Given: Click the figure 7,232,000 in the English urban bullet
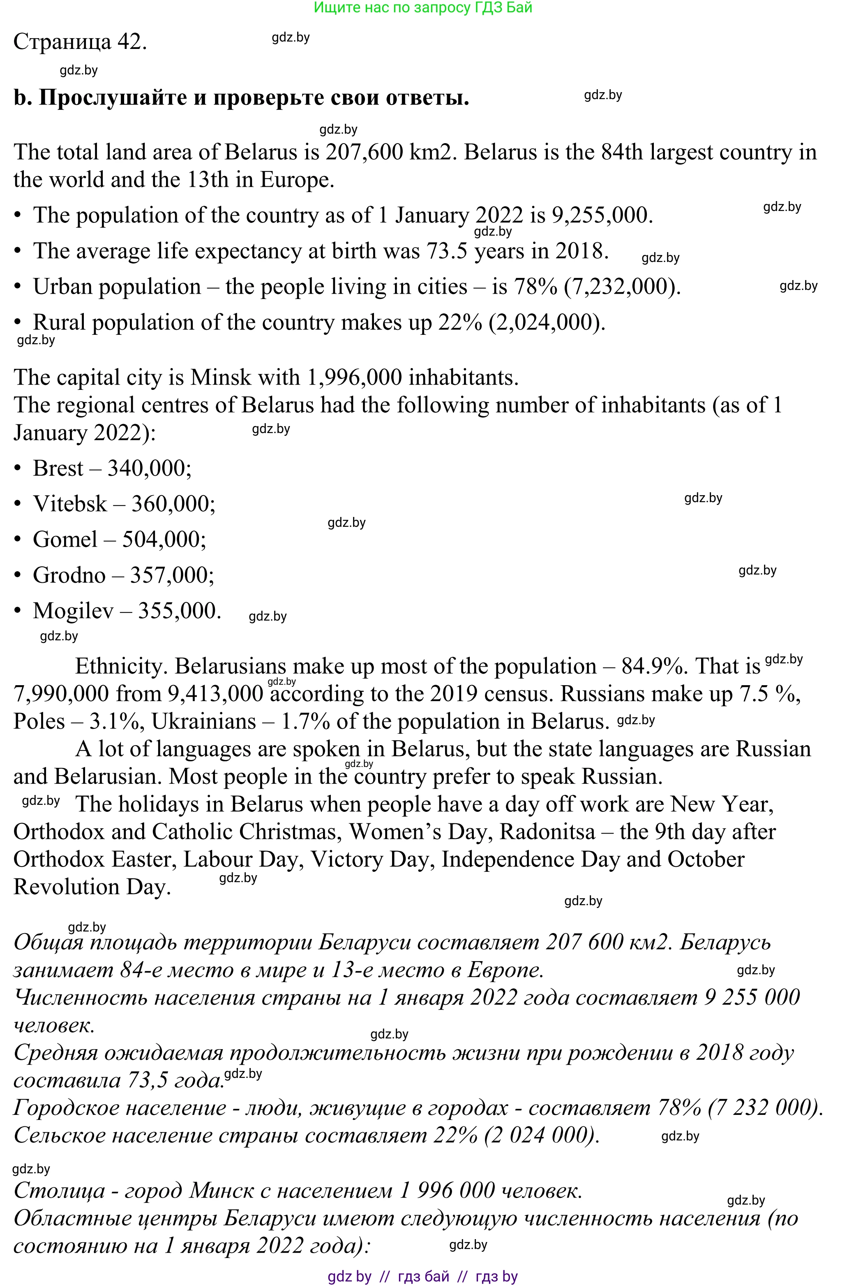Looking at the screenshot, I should pos(621,287).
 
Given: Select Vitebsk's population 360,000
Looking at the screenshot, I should pos(173,504).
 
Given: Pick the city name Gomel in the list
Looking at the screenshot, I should pos(65,540).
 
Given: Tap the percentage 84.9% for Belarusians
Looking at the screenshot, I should pos(653,667).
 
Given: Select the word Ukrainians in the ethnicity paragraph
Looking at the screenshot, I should pos(204,722).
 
